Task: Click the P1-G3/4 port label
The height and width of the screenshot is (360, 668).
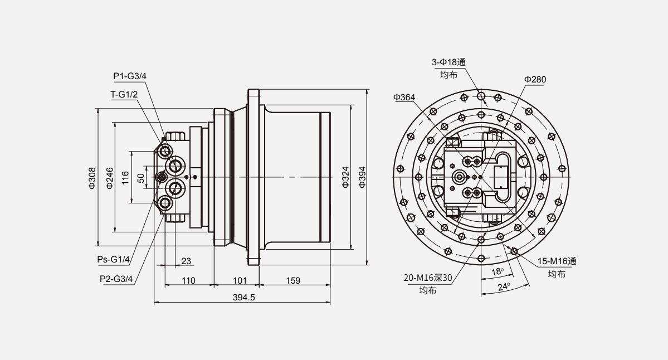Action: click(130, 76)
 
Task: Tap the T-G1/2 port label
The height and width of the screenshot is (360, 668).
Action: click(124, 94)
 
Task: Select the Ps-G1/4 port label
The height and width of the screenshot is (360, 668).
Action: click(114, 260)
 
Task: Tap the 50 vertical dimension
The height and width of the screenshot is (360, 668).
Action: click(141, 177)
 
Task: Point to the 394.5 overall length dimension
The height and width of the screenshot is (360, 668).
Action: click(243, 298)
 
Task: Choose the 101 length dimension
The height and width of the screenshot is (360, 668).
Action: click(239, 280)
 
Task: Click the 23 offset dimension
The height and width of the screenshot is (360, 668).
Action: click(186, 260)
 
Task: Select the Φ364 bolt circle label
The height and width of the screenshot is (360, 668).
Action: click(404, 98)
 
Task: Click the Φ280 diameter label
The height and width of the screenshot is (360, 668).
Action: click(535, 80)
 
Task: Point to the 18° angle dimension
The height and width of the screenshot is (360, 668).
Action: click(497, 271)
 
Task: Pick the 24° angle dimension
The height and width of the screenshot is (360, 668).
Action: click(504, 287)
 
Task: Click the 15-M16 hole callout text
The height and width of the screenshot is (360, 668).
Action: click(557, 261)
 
